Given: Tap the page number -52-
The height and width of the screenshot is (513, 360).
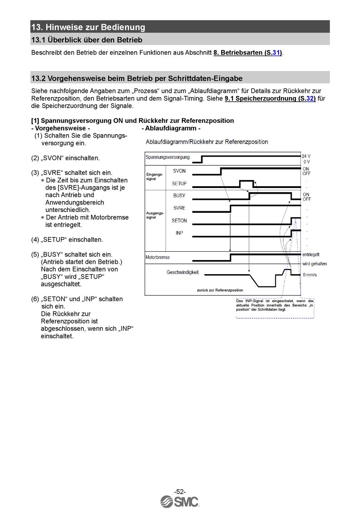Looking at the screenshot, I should [180, 491].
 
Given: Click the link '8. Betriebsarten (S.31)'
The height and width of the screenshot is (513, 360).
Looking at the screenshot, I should [247, 53].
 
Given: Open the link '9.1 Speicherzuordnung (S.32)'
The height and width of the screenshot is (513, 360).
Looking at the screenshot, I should [270, 99].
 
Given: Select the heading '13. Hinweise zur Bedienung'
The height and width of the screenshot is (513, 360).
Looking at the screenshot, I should [88, 27].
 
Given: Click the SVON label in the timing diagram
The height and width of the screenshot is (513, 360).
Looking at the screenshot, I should [179, 171].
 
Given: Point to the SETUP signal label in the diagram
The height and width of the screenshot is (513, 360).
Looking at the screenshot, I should [179, 184].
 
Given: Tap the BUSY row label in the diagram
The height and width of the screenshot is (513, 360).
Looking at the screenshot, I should [179, 196].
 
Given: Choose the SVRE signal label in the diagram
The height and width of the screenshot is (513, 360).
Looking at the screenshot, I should [179, 208].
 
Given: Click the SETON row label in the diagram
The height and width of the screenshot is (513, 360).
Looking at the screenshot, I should [179, 221].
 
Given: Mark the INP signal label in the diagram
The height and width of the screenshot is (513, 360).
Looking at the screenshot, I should [179, 233].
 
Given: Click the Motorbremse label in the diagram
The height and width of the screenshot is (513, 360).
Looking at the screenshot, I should [158, 257].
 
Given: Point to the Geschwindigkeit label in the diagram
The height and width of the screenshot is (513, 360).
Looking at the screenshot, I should [182, 272].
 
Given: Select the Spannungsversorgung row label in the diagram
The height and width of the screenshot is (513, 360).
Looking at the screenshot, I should [167, 157].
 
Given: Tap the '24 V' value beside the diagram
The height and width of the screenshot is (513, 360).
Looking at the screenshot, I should [306, 156].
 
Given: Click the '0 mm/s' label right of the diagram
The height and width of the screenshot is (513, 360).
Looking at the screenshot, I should [310, 275].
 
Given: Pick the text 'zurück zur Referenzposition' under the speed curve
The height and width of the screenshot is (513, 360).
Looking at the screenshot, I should [220, 290].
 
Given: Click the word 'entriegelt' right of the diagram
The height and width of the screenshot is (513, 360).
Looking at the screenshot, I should [311, 254].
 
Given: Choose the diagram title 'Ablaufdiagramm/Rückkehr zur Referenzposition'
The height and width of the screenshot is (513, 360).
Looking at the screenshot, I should [207, 142].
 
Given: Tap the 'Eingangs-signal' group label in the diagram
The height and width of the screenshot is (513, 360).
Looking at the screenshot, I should [154, 177].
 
